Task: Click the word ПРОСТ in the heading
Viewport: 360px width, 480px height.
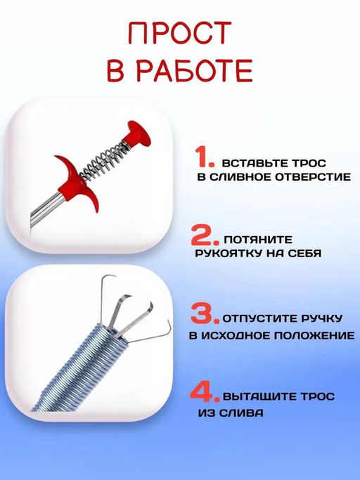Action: tap(179, 34)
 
